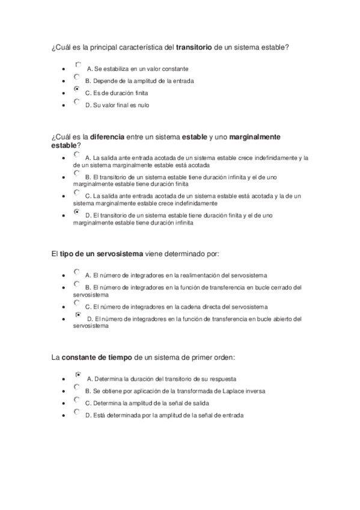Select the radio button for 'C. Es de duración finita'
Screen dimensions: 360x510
(76, 89)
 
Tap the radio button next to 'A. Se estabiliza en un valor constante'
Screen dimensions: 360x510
(78, 64)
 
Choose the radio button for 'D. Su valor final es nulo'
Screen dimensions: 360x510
(76, 102)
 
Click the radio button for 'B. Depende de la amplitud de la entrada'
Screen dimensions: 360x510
(76, 77)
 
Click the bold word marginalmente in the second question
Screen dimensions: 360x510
(255, 137)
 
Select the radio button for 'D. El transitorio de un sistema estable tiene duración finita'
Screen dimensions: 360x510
(76, 212)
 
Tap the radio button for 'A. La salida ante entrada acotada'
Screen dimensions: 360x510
(76, 155)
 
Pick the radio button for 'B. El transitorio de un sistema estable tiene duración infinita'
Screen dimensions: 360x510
(76, 173)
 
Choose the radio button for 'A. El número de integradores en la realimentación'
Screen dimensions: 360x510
(76, 272)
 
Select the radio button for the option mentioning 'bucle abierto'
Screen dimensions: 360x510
(78, 315)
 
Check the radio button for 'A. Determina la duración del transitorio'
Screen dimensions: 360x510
(78, 375)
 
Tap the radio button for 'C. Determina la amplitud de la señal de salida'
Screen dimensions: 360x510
(76, 399)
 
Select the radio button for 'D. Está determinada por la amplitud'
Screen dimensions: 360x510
(76, 412)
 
